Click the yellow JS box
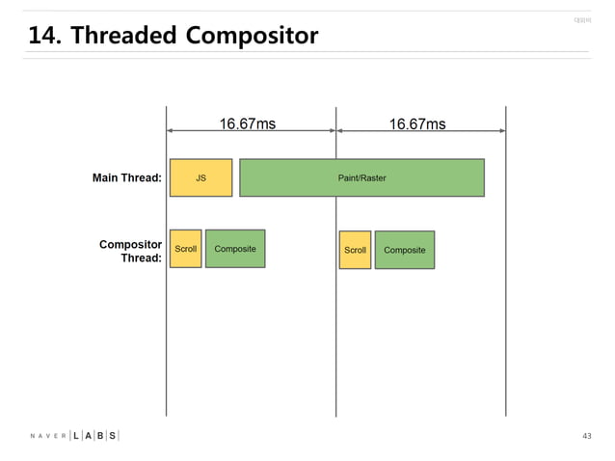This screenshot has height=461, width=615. point(201,177)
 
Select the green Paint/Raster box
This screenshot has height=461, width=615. point(361,177)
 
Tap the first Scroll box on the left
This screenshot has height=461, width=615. point(185,249)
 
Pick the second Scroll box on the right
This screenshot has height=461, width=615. point(355,250)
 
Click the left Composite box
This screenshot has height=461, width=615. point(235,249)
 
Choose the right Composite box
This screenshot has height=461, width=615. point(405,250)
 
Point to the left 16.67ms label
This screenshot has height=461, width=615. point(248,123)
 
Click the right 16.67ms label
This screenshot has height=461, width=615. point(417,123)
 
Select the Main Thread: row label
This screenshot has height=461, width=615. point(126,177)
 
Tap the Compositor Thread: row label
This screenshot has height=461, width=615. point(130,251)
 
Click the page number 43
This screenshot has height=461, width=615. point(587,437)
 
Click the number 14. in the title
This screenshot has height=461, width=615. point(45,37)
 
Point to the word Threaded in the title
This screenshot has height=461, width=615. point(123,37)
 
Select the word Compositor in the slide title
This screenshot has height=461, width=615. point(251,37)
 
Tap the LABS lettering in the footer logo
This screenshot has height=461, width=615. point(94,436)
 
